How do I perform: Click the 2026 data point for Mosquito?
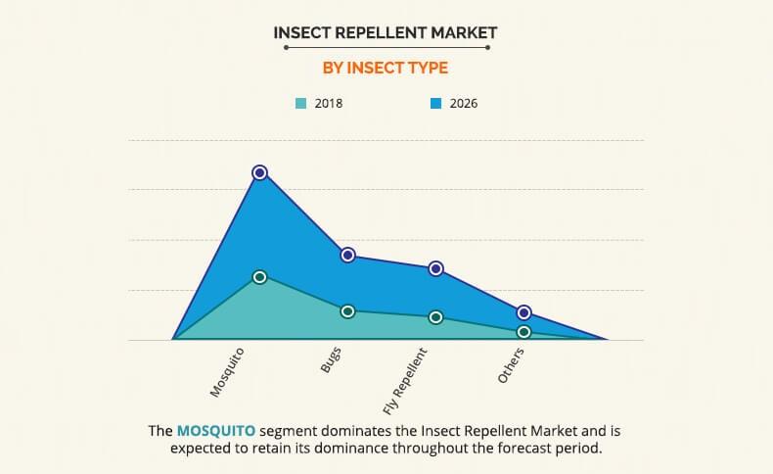[x=259, y=172]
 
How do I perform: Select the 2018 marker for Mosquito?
[x=259, y=277]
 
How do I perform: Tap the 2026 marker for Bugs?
[x=347, y=255]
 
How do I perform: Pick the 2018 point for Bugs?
[x=347, y=311]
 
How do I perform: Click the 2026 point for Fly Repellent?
[x=436, y=268]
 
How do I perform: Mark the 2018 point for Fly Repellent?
[x=436, y=317]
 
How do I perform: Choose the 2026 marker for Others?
[x=524, y=312]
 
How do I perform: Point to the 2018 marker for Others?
[x=524, y=332]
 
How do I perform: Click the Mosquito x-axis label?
[x=227, y=372]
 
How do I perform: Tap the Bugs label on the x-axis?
[x=331, y=360]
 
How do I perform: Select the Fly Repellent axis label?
[x=404, y=380]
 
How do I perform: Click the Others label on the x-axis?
[x=511, y=365]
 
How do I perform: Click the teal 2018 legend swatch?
[x=301, y=103]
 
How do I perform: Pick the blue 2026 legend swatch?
[x=436, y=103]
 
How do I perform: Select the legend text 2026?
[x=464, y=103]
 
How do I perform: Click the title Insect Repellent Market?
[x=386, y=32]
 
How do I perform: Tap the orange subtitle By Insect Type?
[x=386, y=68]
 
